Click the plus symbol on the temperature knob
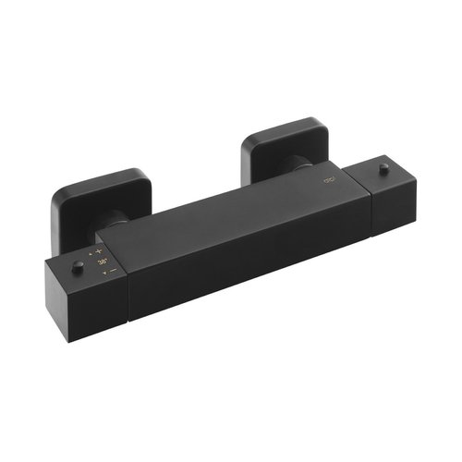99,251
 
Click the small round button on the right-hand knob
383,168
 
